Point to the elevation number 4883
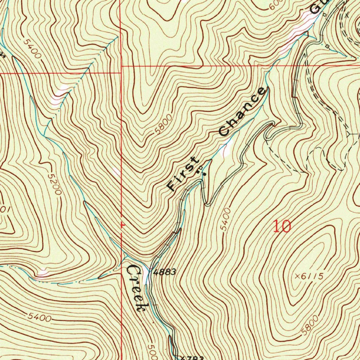pos(165,272)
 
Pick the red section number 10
pos(282,227)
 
